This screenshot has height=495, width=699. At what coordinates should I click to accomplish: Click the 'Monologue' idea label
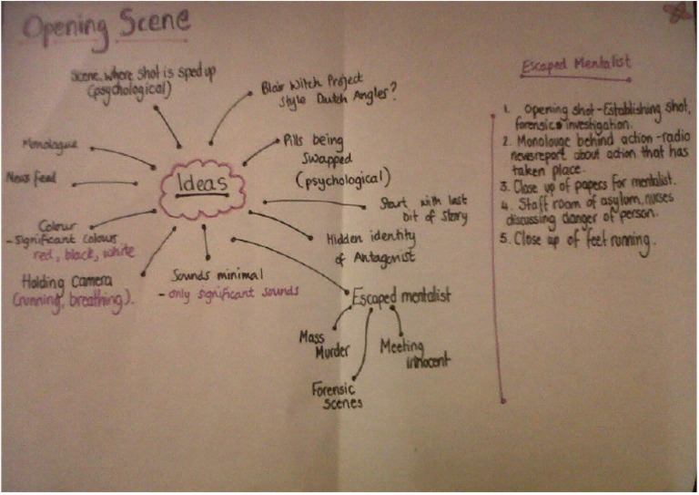[x=51, y=144]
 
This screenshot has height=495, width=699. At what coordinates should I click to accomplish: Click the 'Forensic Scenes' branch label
[x=337, y=396]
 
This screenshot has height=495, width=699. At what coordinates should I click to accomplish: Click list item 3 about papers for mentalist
[x=579, y=186]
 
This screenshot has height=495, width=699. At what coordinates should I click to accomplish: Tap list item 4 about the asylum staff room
[x=587, y=211]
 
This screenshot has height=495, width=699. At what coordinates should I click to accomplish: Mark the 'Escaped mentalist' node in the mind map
[x=400, y=296]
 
